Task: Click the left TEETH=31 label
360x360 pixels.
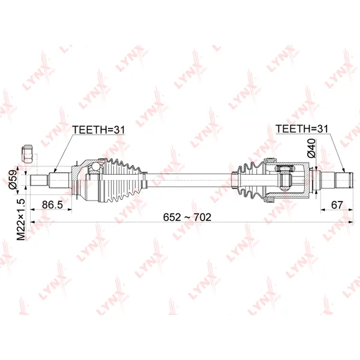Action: coord(98,130)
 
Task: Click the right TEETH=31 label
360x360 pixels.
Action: coord(302,129)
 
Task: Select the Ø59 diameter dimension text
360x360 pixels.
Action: coord(13,179)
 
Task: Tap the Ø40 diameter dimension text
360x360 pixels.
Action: coord(311,148)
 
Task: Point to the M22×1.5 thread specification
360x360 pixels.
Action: coord(21,220)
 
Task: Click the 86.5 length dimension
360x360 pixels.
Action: coord(52,205)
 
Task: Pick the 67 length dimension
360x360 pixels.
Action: coord(337,205)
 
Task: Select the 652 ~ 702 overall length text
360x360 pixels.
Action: coord(187,217)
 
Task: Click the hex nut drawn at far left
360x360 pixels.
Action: coord(28,154)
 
